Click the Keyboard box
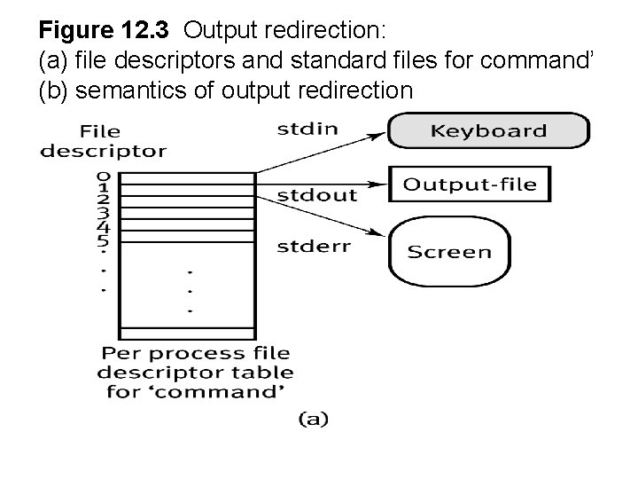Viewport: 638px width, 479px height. [x=487, y=131]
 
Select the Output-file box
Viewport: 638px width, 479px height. [x=470, y=185]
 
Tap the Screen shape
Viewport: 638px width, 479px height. [x=448, y=251]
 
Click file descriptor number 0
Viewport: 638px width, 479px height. [x=103, y=175]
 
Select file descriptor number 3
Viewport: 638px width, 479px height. [x=103, y=213]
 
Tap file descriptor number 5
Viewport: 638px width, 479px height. [x=103, y=239]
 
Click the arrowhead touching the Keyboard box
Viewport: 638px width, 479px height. [x=378, y=136]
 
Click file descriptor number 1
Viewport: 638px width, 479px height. [x=103, y=187]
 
